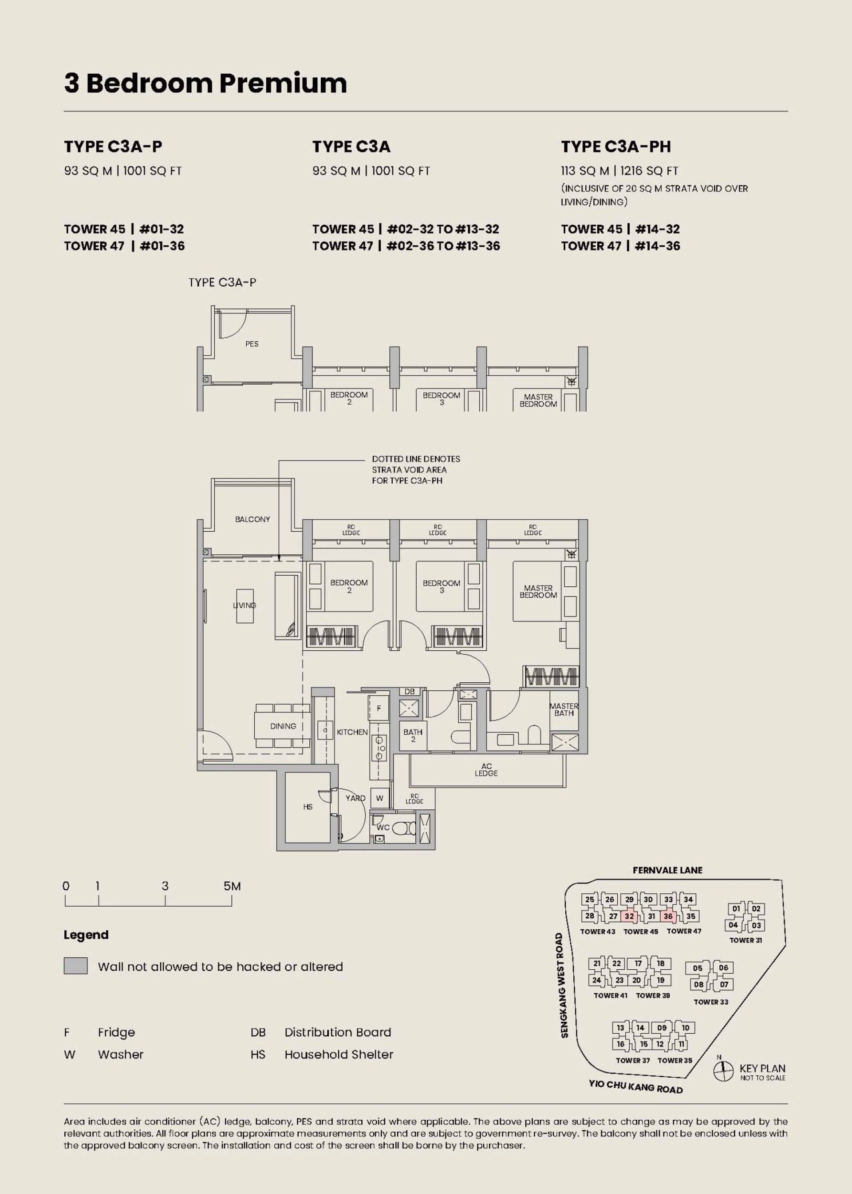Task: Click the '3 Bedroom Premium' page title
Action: point(205,84)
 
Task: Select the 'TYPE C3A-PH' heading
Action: point(616,147)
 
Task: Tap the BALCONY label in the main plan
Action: point(252,519)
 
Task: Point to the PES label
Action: point(252,344)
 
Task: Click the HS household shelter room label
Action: point(308,807)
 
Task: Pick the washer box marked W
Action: point(379,798)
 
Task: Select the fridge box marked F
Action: point(378,709)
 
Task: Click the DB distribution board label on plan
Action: point(409,692)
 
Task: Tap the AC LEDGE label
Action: point(486,770)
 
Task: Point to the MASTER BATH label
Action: point(564,709)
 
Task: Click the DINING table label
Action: point(283,726)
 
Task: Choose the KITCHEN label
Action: point(352,732)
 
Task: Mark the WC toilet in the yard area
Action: point(402,828)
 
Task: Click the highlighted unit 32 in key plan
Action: point(630,917)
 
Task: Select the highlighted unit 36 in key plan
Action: point(668,916)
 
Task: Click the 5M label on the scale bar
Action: point(232,886)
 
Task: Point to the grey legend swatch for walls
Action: point(75,966)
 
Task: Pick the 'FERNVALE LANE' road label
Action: point(667,870)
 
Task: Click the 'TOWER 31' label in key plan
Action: point(745,940)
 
